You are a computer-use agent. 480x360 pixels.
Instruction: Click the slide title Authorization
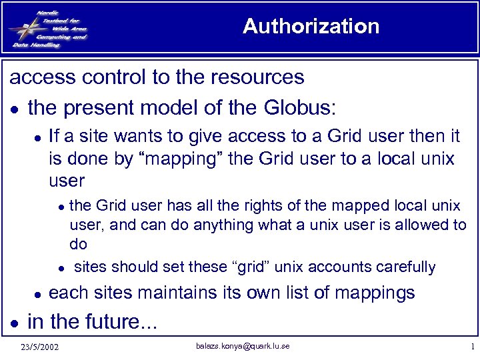pyautogui.click(x=311, y=26)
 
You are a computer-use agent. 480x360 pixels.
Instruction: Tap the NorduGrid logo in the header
pyautogui.click(x=48, y=27)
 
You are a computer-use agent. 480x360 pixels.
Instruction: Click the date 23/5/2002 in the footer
pyautogui.click(x=39, y=347)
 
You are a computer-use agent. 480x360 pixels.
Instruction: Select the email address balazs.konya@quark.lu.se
pyautogui.click(x=243, y=345)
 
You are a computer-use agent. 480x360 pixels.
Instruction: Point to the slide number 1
pyautogui.click(x=471, y=347)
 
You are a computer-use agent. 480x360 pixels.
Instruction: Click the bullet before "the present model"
pyautogui.click(x=15, y=107)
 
